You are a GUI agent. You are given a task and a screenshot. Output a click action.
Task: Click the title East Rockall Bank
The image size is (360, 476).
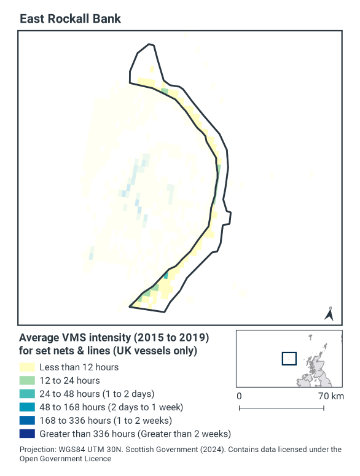pos(70,18)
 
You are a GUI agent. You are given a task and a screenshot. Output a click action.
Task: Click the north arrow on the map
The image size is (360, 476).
pos(329,314)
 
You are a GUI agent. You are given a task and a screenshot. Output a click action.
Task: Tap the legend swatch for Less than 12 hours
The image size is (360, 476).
pos(27,367)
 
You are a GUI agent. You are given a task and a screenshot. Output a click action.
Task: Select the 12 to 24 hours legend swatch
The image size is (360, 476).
pos(27,380)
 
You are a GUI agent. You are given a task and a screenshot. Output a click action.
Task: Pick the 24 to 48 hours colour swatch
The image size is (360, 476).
pos(27,394)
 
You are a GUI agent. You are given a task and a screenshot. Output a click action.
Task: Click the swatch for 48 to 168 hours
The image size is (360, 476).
pos(27,407)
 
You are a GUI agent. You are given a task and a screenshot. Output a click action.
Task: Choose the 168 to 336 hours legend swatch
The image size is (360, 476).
pos(27,420)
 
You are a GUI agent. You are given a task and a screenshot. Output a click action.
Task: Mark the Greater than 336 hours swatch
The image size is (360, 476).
pos(27,434)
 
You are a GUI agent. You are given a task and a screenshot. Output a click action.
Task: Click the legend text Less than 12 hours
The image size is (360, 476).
pos(79,367)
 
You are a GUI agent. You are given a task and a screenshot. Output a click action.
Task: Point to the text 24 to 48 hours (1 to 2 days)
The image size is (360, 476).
pos(96,394)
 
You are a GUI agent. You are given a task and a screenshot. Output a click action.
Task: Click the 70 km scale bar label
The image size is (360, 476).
pos(331,396)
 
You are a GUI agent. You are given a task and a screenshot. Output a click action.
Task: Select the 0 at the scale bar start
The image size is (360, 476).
pos(239,396)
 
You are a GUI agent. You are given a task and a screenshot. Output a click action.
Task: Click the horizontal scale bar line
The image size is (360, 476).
pos(281,408)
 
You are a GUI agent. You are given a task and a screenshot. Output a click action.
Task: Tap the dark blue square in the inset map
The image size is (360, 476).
pos(289,358)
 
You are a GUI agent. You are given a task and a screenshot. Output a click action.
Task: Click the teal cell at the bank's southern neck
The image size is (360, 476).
pos(166,275)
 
